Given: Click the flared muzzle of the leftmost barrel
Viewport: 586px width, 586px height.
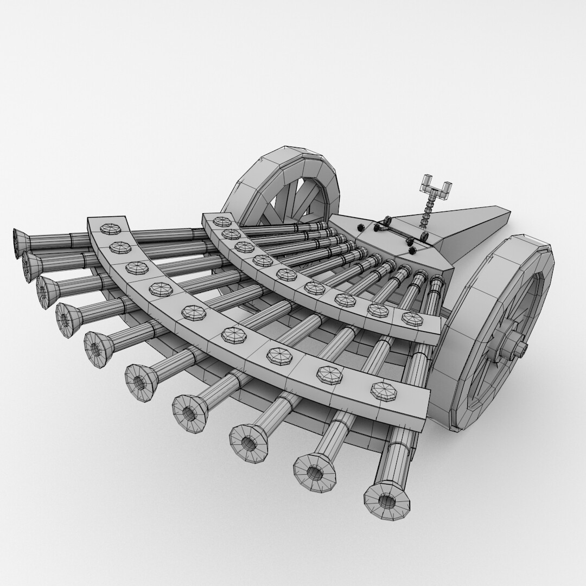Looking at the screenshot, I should (x=22, y=241).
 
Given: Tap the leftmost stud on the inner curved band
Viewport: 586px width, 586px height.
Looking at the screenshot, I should (x=222, y=221).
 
